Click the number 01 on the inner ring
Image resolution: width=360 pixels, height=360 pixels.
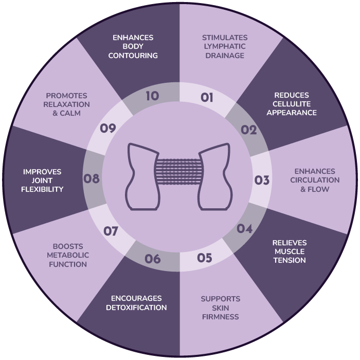pos(207,97)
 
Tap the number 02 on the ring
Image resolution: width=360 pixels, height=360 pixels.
pos(248,130)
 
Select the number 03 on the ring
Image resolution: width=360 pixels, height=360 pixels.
pos(262,180)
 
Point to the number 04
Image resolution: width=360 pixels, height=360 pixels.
pos(244,228)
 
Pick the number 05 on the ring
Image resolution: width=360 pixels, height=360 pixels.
pos(205,258)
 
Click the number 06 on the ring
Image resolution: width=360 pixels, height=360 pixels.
pos(152,259)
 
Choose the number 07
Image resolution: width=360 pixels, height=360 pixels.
pos(111,231)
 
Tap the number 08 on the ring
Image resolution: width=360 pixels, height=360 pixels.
pos(92,178)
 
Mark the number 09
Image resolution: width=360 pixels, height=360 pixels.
pos(108,128)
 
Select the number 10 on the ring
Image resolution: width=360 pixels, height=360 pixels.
pos(152,96)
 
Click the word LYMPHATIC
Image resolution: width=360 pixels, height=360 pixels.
pos(225,46)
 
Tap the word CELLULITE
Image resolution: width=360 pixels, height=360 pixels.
pos(292,104)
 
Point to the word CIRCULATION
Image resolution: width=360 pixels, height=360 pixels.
pos(315,180)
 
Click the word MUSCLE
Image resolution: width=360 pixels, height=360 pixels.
pos(290,251)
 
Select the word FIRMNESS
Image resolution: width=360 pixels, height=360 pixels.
pos(221,317)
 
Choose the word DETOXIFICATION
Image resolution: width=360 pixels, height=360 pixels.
pos(136,308)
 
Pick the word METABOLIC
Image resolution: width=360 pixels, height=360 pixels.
pos(68,255)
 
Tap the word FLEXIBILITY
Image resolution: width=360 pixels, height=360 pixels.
pos(42,189)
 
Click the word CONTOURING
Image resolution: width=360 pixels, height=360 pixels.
pos(133,56)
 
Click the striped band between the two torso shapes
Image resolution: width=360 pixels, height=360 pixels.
pos(179,171)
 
